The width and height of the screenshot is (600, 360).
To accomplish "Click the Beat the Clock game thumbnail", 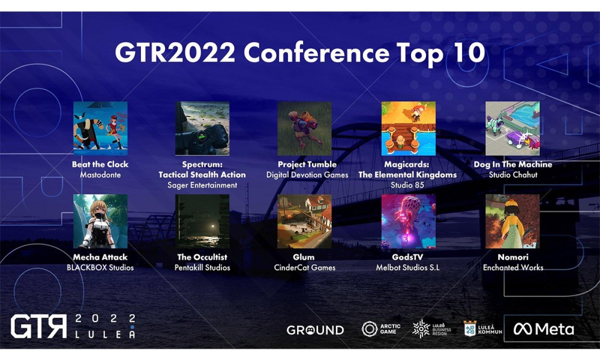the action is click(x=100, y=128).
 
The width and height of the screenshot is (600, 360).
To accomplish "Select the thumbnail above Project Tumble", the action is click(x=304, y=128).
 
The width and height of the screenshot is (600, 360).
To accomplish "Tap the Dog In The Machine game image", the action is click(x=512, y=128).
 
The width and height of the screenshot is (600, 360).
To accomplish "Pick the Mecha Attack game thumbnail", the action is click(x=100, y=221).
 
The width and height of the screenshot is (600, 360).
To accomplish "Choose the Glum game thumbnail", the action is click(x=304, y=221).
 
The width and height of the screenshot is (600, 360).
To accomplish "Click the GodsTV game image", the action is click(x=408, y=221).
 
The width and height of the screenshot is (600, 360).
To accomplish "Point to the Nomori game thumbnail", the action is click(x=512, y=221).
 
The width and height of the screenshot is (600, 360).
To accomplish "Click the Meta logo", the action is click(x=544, y=329).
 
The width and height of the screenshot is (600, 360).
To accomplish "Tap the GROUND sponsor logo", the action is click(x=316, y=330).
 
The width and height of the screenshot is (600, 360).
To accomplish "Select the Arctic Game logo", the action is click(x=381, y=329).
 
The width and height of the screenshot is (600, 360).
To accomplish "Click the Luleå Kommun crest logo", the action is click(x=483, y=329).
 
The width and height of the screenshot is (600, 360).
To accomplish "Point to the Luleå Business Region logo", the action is click(x=432, y=329).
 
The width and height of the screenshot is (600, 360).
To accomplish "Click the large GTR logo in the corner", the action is click(x=38, y=326).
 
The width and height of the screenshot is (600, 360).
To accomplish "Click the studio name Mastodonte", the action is click(x=100, y=175).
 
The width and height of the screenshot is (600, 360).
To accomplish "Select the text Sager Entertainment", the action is click(x=202, y=185).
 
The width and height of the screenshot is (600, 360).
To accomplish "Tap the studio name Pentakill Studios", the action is click(x=202, y=268).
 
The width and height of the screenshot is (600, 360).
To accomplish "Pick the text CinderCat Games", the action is click(x=305, y=268).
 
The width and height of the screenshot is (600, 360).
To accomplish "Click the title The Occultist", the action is click(x=202, y=257).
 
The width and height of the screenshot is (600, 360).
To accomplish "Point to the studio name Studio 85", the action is click(x=407, y=185).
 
